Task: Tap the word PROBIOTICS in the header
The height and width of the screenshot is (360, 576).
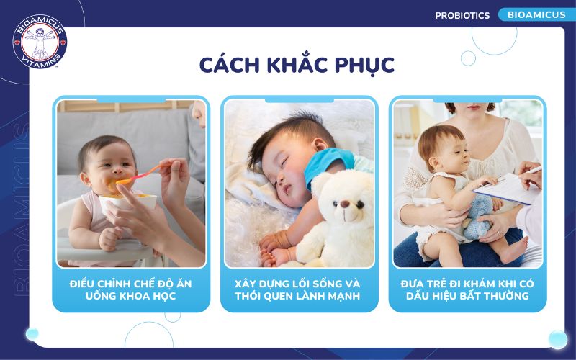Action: point(462,15)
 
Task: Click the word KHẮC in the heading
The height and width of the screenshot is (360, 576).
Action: point(280,65)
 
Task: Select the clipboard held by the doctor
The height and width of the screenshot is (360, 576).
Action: point(511,189)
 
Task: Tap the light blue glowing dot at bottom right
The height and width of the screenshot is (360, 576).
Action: point(557,339)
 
